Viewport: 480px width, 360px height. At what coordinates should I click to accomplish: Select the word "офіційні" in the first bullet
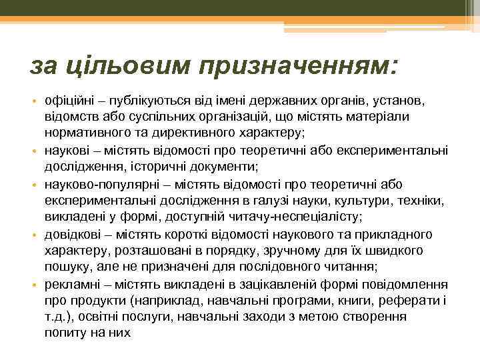[67, 101]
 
